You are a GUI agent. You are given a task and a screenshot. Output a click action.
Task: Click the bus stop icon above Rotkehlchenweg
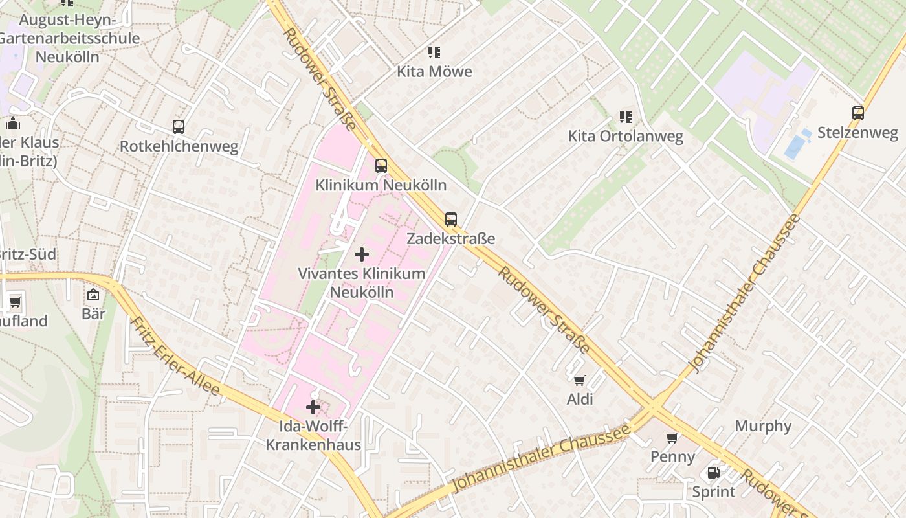coord(179,127)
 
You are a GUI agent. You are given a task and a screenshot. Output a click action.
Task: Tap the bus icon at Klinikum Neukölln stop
coord(381,166)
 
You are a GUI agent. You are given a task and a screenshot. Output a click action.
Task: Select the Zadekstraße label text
coord(450,238)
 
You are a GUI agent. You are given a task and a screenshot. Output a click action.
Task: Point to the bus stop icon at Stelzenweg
coord(858,113)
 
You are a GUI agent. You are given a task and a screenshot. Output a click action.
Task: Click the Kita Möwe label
coord(434,71)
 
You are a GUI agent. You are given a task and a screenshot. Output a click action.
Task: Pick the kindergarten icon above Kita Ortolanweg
coord(625,117)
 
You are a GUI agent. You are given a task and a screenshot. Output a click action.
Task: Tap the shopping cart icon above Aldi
coord(579,380)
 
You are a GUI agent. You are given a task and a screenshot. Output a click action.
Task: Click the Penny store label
coord(672,456)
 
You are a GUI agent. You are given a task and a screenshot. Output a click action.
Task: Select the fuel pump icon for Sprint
coord(713,473)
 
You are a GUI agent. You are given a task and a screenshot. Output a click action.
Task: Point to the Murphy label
coord(763,426)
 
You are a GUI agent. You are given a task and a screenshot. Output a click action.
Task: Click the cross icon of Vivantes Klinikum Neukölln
coord(362,254)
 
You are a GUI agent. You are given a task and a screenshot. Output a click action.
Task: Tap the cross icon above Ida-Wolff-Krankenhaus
coord(313,407)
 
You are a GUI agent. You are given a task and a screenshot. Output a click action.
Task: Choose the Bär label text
coord(94,314)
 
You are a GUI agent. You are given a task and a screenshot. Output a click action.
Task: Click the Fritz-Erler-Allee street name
coord(175,355)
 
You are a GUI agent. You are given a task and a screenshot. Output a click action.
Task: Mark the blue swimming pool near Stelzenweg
coord(796,145)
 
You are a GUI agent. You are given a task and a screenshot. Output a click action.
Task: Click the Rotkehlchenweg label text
coord(179,146)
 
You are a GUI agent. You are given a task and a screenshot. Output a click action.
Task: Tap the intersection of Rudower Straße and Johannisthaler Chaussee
coord(654,407)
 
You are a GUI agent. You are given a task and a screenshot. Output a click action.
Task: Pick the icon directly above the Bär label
coord(94,295)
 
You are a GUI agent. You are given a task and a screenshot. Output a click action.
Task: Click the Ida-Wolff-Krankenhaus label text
coord(313,435)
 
